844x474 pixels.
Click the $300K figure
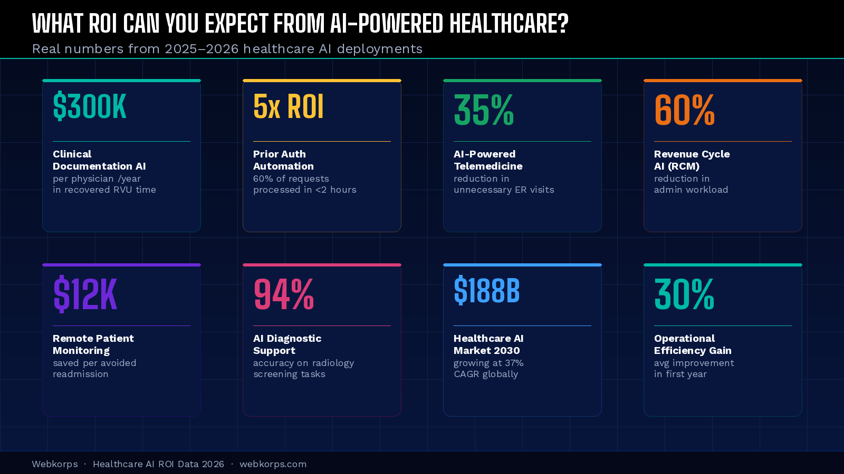click(x=90, y=107)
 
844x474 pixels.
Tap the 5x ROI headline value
click(x=288, y=107)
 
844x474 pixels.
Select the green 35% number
click(x=484, y=110)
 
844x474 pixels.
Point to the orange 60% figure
click(x=684, y=110)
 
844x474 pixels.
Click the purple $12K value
click(x=85, y=294)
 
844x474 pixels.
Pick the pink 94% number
click(x=284, y=294)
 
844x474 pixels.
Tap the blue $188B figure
click(x=486, y=291)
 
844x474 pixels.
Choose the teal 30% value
click(x=684, y=294)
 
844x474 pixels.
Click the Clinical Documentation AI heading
click(x=99, y=160)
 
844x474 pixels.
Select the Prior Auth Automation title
click(x=283, y=160)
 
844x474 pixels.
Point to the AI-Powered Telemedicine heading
click(x=488, y=160)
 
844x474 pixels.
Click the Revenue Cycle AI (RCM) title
click(x=692, y=160)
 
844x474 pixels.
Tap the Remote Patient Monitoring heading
click(x=93, y=344)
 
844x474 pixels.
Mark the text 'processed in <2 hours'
click(x=304, y=190)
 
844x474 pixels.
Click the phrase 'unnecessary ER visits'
click(x=504, y=190)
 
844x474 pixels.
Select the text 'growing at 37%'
click(x=488, y=363)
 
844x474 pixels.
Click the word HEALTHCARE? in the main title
click(x=509, y=24)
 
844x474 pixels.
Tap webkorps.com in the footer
click(x=273, y=464)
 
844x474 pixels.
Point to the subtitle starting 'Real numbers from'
click(x=227, y=49)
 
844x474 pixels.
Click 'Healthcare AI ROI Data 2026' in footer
click(x=158, y=464)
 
